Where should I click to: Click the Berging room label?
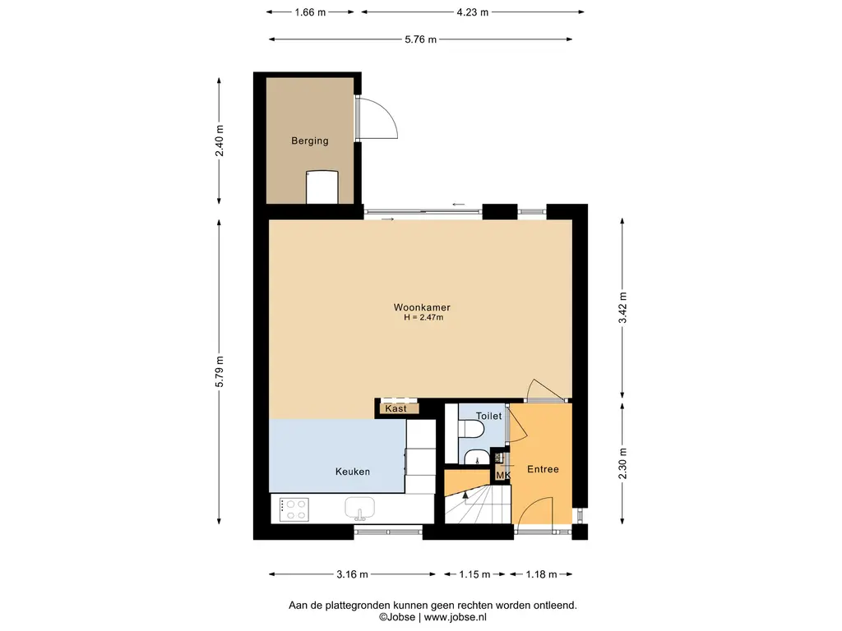309,140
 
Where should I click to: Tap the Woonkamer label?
422,307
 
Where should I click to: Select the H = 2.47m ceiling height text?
423,317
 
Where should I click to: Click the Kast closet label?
396,408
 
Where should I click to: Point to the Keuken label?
352,472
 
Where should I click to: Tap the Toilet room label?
488,416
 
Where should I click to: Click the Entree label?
543,469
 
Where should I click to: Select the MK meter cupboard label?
503,476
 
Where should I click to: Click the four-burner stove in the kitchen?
294,509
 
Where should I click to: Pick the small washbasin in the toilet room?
477,457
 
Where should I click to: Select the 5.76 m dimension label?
420,39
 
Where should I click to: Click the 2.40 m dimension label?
220,140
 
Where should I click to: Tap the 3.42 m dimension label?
623,308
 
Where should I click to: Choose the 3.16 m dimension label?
352,574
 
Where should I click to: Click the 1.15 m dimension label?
474,574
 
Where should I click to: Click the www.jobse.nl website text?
456,617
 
